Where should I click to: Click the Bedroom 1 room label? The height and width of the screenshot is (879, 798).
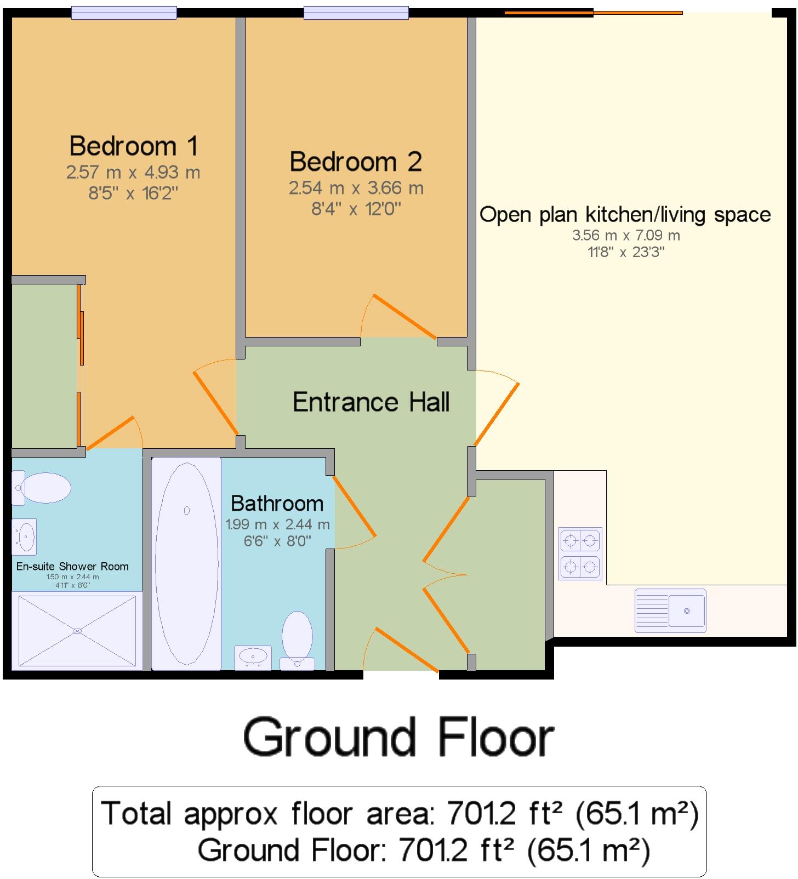point(133,146)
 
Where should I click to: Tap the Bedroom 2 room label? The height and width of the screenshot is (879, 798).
point(356,162)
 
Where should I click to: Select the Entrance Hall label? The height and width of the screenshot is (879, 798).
point(371,402)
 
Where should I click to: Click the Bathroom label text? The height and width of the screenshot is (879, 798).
point(277,504)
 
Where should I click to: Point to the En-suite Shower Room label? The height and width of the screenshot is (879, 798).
point(72,567)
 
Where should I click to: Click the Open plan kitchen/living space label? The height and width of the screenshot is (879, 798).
point(625,215)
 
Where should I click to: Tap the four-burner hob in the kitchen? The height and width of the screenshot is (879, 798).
point(580,553)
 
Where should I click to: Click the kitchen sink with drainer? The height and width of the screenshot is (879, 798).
point(670,610)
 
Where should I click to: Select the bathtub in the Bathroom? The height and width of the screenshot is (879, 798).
point(186,563)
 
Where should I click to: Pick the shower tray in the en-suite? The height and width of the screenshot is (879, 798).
point(77,631)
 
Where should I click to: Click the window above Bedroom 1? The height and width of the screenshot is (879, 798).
point(124,13)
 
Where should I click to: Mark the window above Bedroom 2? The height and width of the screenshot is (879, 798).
point(356,13)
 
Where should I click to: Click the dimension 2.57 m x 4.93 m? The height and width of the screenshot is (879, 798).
point(133,173)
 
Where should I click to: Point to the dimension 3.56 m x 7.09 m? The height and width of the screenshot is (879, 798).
point(626,236)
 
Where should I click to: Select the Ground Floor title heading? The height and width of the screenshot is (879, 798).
point(398,738)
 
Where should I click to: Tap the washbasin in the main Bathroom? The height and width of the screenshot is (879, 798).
point(253,656)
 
